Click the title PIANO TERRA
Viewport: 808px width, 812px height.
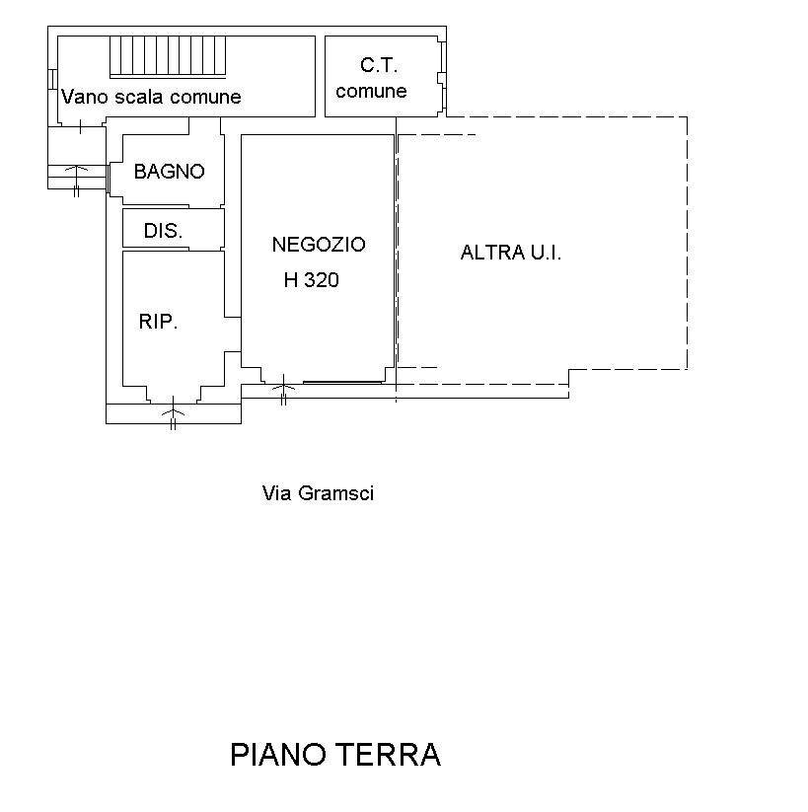coord(334,755)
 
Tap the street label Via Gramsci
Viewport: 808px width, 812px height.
coord(318,493)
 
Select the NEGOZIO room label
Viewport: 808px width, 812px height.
coord(318,244)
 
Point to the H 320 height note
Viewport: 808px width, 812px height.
coord(311,280)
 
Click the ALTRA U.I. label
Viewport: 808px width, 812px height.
coord(510,253)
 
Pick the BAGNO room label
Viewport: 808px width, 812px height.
coord(169,172)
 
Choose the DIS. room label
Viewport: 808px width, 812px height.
coord(163,231)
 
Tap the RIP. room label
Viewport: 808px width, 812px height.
coord(158,322)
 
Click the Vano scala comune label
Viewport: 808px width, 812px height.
coord(151,97)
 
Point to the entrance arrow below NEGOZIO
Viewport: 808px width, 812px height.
coord(283,386)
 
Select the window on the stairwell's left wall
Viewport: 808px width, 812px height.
coord(52,79)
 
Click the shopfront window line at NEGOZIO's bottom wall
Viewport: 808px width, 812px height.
coord(343,381)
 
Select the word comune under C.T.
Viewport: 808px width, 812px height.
coord(372,92)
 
